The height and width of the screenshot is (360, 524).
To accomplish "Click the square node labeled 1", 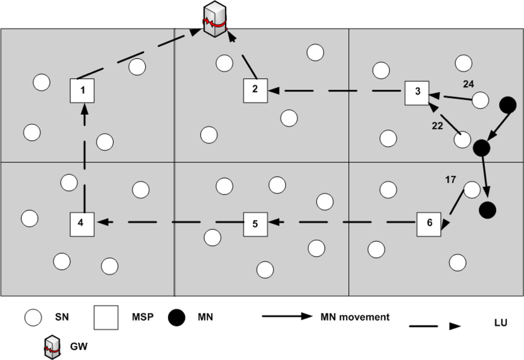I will click(83, 91).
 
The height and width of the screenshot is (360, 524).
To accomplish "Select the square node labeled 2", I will click(256, 90).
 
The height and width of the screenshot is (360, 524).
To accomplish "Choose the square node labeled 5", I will click(256, 224).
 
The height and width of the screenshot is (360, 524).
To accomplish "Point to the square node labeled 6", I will click(429, 224).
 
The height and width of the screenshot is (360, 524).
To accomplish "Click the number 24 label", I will click(468, 83).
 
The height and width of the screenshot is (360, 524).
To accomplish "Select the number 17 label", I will click(450, 180).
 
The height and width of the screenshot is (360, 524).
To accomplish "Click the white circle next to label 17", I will click(472, 190).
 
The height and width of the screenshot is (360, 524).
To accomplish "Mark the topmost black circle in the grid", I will click(507, 105).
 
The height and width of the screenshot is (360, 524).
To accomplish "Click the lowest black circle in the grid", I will click(487, 210).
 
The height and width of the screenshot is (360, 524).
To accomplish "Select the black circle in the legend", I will click(177, 318).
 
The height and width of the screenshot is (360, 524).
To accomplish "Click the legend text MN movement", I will click(355, 317).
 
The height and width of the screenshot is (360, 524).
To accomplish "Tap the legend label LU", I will click(500, 322).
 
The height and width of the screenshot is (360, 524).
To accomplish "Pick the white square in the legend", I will click(106, 318).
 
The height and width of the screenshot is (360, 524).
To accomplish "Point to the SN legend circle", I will click(34, 318).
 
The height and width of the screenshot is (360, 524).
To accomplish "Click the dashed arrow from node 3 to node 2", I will click(335, 91).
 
